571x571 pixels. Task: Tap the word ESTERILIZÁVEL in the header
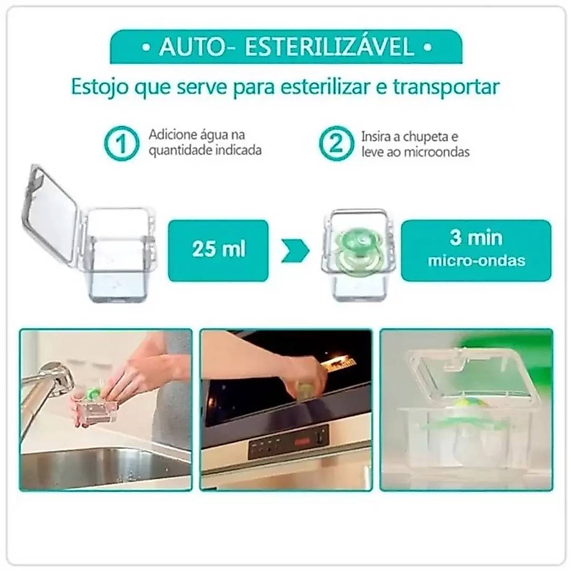tap(330, 47)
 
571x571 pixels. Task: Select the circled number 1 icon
tap(122, 144)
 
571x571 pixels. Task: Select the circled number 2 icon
tap(336, 143)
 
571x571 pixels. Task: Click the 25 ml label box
tap(218, 250)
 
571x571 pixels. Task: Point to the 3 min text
tap(476, 238)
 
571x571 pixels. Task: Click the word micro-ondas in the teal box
tap(477, 261)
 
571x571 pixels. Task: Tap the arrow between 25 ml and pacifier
tap(296, 250)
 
